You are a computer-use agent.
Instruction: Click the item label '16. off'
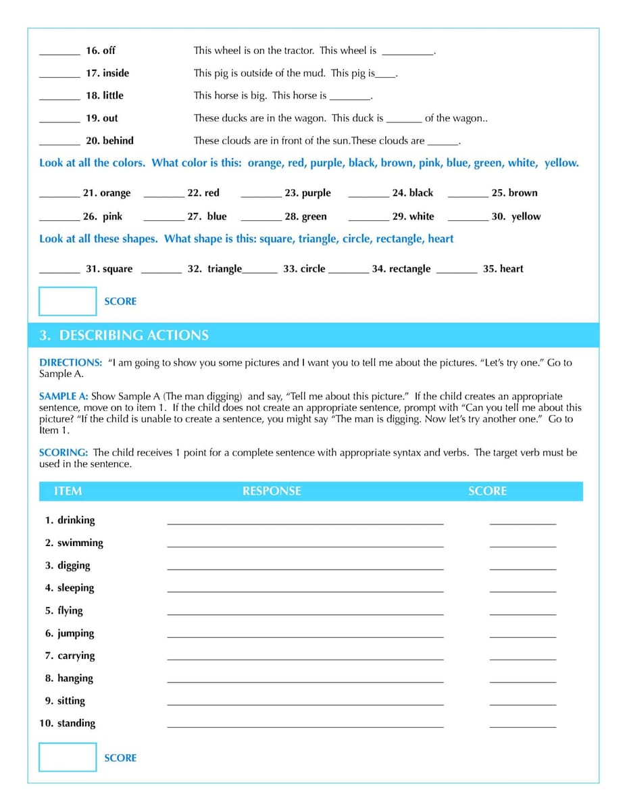pyautogui.click(x=100, y=51)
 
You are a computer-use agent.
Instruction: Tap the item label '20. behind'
pyautogui.click(x=109, y=141)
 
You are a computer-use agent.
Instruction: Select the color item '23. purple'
pyautogui.click(x=307, y=193)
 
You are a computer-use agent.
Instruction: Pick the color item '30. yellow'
pyautogui.click(x=516, y=216)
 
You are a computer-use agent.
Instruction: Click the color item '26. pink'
pyautogui.click(x=103, y=216)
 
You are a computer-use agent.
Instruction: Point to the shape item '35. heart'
pyautogui.click(x=503, y=268)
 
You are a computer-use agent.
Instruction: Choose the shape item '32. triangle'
pyautogui.click(x=214, y=268)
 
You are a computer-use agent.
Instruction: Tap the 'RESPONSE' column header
pyautogui.click(x=272, y=491)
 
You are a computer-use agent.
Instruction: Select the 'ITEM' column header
pyautogui.click(x=68, y=491)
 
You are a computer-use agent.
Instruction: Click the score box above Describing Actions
pyautogui.click(x=68, y=301)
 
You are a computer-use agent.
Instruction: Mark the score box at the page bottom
pyautogui.click(x=68, y=757)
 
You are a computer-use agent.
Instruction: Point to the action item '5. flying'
pyautogui.click(x=64, y=610)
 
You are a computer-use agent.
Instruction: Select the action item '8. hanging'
pyautogui.click(x=69, y=678)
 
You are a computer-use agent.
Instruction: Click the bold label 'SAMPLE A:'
pyautogui.click(x=64, y=396)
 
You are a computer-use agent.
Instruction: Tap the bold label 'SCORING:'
pyautogui.click(x=64, y=452)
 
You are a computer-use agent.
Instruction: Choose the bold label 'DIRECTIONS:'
pyautogui.click(x=71, y=362)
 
